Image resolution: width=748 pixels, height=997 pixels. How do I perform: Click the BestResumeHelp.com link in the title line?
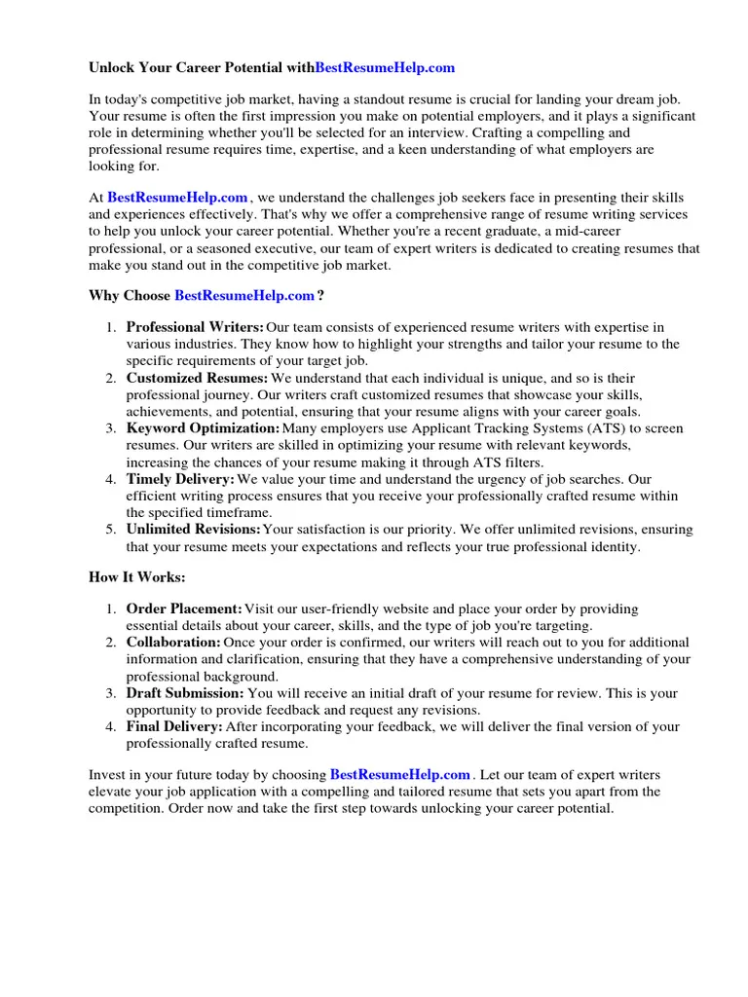(x=385, y=68)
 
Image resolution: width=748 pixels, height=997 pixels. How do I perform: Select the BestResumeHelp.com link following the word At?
(x=177, y=197)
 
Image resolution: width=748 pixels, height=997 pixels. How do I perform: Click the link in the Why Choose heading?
(x=244, y=295)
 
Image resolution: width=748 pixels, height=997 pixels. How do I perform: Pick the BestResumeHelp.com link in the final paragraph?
(x=400, y=775)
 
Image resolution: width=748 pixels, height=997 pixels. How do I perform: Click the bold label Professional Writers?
(x=195, y=327)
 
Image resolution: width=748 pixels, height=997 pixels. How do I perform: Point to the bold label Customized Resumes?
(x=197, y=378)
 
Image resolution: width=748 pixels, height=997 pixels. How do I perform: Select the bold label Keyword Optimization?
(x=203, y=428)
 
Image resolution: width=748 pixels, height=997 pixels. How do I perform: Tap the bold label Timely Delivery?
(x=180, y=479)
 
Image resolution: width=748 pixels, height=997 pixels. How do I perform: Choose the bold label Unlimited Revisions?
(x=194, y=530)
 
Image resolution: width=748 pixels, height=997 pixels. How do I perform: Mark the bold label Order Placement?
(x=184, y=609)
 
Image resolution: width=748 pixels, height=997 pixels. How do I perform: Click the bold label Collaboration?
(x=173, y=643)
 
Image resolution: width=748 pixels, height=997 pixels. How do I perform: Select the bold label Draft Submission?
(x=185, y=693)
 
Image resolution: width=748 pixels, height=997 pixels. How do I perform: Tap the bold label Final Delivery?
(x=174, y=726)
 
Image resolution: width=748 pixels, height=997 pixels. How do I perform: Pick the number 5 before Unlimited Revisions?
(x=111, y=530)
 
